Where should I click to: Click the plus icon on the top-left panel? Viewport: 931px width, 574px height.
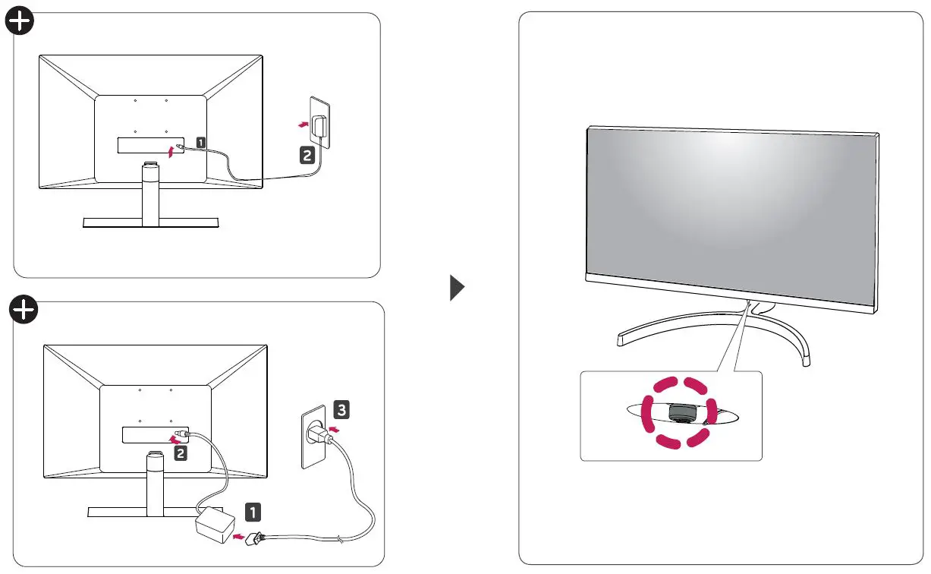(19, 23)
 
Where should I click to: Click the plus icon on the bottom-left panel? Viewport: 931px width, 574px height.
(24, 309)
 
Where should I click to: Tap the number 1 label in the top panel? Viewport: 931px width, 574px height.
(200, 141)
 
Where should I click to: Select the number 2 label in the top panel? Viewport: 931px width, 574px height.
(307, 155)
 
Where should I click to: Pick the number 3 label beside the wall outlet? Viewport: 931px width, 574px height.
(342, 411)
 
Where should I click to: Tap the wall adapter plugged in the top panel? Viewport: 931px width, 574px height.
(322, 125)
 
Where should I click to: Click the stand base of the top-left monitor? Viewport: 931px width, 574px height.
(150, 222)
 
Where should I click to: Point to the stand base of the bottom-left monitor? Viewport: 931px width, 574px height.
(155, 510)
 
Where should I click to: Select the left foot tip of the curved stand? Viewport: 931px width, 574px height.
(621, 341)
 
